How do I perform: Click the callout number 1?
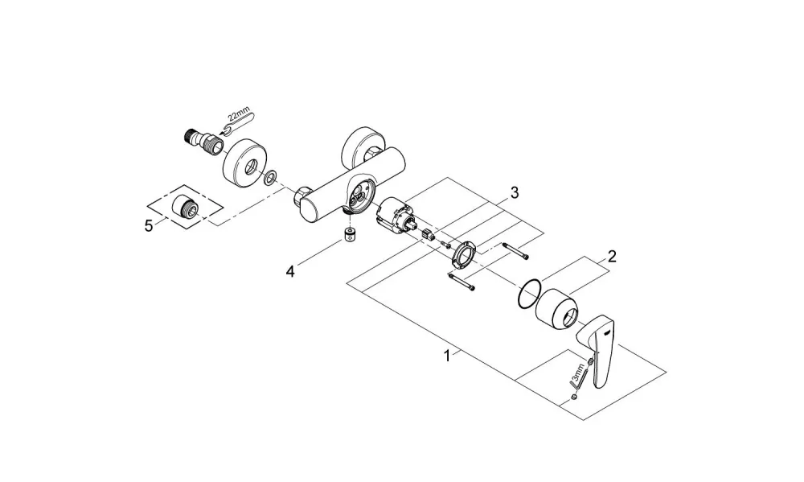(447, 355)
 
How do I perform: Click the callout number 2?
(612, 256)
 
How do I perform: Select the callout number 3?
(515, 192)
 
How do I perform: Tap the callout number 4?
(290, 271)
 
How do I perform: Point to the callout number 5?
(149, 226)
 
